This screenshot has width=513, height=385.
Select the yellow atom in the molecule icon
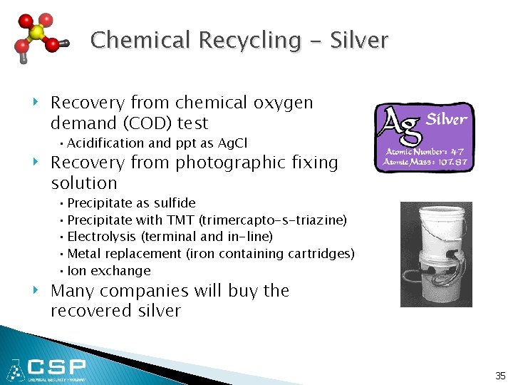37,34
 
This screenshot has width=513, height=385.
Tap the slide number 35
500,375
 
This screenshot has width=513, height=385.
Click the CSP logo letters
57,368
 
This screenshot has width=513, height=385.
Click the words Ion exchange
109,271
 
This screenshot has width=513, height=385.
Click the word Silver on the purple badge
446,120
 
